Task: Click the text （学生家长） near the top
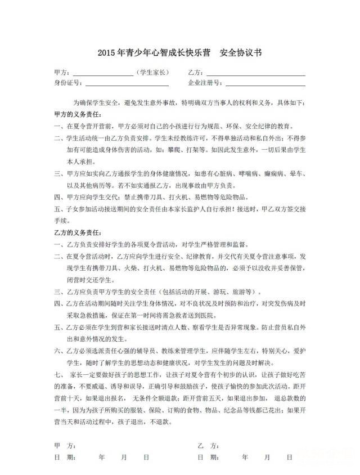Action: point(151,73)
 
